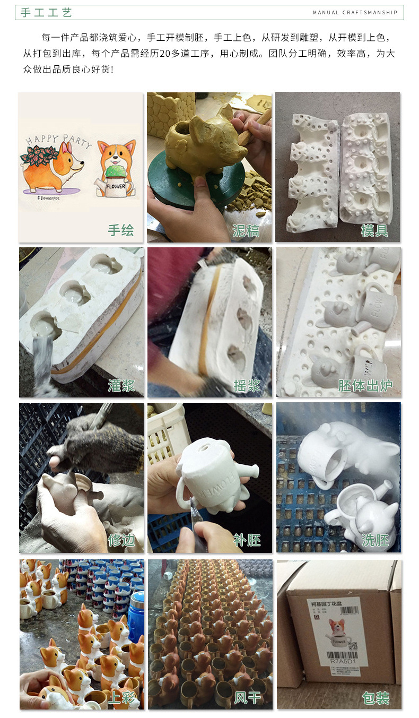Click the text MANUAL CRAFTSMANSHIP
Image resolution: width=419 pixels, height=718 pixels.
[x=355, y=13]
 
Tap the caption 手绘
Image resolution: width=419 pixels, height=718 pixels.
[x=120, y=230]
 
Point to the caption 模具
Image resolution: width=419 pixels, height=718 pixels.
[x=374, y=230]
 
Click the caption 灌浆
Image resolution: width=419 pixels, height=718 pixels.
[x=120, y=385]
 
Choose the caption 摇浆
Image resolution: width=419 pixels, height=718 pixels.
[x=247, y=385]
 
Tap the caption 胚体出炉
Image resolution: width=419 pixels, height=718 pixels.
[x=365, y=385]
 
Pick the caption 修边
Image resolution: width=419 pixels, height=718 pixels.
[x=120, y=540]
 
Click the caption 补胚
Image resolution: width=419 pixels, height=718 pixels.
[x=247, y=540]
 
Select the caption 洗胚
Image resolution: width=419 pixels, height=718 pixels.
[x=374, y=540]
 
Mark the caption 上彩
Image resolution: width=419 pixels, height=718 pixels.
[x=120, y=697]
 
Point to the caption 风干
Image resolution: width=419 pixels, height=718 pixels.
[x=247, y=697]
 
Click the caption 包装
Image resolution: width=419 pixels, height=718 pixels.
[x=375, y=697]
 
